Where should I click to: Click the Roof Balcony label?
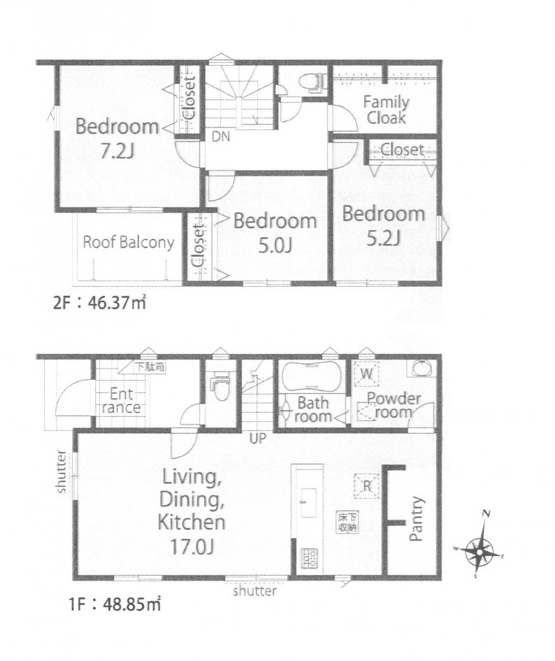tap(128, 243)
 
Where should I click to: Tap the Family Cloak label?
tap(386, 110)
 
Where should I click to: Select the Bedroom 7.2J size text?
tap(117, 151)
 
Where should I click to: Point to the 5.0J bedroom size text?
tap(275, 245)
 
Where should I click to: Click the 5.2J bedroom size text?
tap(383, 239)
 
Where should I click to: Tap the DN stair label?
tap(221, 136)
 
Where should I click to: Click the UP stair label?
tap(258, 439)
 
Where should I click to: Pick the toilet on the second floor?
tap(313, 83)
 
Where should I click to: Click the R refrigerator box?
tap(367, 486)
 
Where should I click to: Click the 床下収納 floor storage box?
tap(347, 522)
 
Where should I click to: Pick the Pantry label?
tap(415, 519)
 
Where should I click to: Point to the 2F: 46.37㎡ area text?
tap(99, 303)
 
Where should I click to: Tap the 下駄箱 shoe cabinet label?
tap(149, 367)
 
